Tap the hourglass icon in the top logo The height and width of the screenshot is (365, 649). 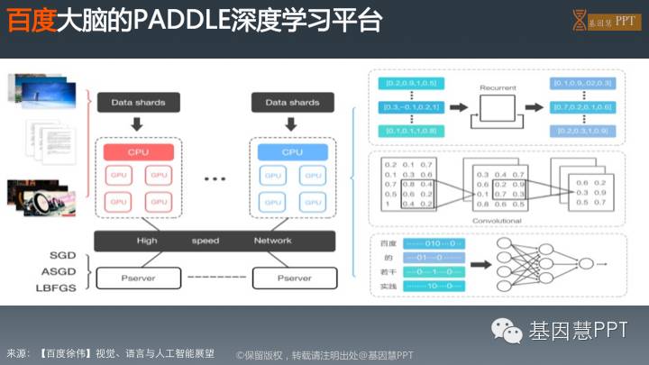[580, 21]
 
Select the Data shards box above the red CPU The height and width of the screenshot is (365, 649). [138, 103]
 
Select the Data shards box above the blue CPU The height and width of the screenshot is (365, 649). [293, 103]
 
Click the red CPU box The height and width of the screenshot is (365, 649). [138, 151]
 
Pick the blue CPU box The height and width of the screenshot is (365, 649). [293, 151]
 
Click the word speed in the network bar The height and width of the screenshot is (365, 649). [205, 241]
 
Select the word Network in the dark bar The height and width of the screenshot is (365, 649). [271, 241]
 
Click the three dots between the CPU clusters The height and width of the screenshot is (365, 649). [215, 179]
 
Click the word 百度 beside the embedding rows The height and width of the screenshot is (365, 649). [389, 243]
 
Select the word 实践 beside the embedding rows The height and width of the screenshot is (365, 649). [389, 284]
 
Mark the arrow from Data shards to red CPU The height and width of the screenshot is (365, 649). [138, 123]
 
